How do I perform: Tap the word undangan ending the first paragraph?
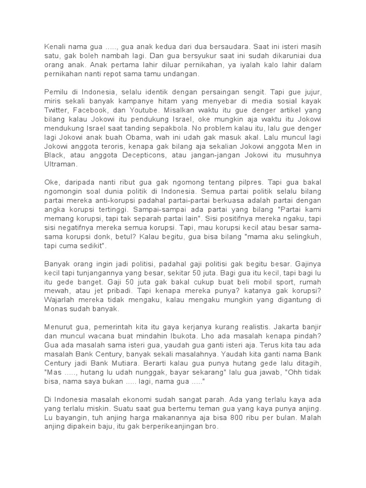183,74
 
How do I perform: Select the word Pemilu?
56,91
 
